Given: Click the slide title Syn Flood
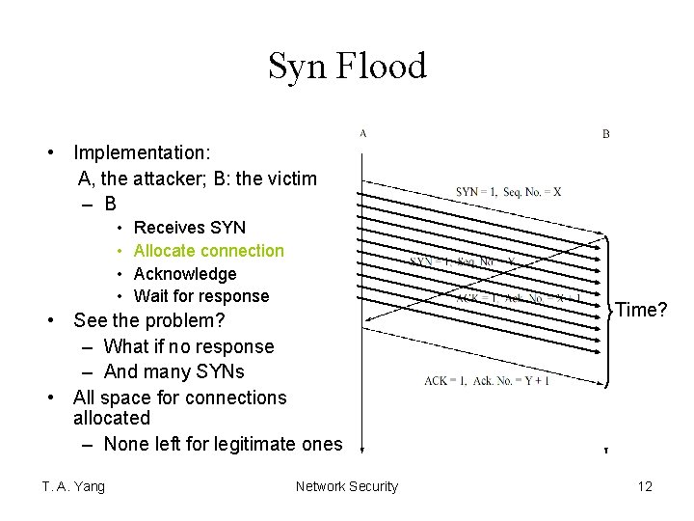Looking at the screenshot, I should pos(347,67).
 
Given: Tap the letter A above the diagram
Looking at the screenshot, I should pos(362,133).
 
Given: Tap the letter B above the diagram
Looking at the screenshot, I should pos(606,134).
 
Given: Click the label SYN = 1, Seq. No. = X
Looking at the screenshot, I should pos(509,191).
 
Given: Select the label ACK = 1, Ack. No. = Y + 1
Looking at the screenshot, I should pos(488,380).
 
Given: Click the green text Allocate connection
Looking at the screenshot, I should pos(209,251).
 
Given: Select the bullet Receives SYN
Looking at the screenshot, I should pos(190,228).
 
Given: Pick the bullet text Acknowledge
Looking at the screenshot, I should pos(185,274).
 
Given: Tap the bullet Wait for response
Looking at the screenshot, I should pos(201,296).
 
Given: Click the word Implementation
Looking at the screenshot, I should pos(143,152).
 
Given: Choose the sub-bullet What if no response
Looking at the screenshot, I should pos(189,346).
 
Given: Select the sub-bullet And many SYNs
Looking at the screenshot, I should pos(173,371).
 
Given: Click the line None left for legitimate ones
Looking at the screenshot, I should pos(223,444).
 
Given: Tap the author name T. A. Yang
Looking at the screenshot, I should pos(73,486).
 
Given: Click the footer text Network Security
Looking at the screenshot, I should pos(346,486).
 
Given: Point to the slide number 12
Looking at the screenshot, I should pos(645,486).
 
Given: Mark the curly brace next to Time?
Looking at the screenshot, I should pos(609,311).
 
